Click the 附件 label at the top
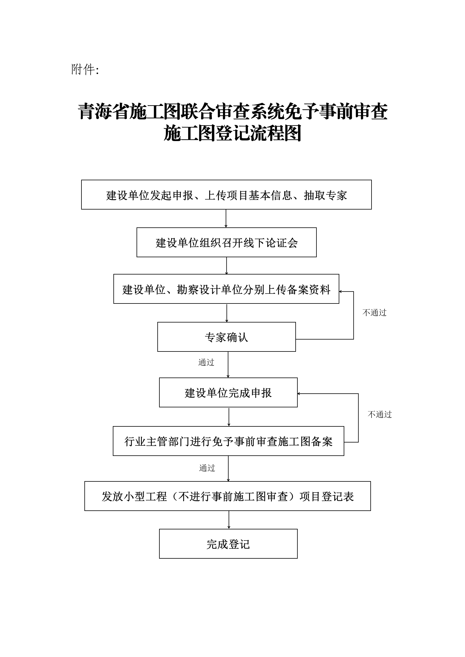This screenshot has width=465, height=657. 85,70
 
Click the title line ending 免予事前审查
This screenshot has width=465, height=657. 233,111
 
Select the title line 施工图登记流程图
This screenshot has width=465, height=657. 233,133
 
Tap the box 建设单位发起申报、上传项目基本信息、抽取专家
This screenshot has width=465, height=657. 226,195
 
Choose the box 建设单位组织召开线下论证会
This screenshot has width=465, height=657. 226,242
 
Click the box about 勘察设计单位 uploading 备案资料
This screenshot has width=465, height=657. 226,289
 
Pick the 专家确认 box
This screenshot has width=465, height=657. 226,337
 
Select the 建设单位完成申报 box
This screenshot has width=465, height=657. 228,392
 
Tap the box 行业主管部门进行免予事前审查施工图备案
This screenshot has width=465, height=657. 228,441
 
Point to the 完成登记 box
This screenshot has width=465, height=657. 228,544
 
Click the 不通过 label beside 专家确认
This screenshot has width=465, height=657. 374,313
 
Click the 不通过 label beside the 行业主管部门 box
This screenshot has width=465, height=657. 380,414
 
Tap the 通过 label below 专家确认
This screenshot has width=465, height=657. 206,362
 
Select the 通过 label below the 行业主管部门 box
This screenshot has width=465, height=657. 207,468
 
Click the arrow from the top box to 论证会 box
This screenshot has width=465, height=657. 226,218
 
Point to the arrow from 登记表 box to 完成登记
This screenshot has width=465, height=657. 229,520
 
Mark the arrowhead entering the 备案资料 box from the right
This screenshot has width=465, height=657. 341,291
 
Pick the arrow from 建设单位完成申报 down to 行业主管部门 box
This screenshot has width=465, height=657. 229,417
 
